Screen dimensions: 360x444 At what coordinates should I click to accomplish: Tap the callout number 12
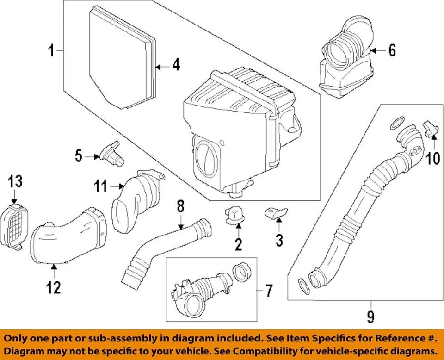[x=53, y=288]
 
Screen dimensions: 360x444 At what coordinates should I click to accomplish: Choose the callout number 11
[x=100, y=187]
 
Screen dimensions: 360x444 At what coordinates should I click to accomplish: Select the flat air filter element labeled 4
[x=123, y=58]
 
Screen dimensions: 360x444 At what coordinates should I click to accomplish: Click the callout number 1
[x=52, y=50]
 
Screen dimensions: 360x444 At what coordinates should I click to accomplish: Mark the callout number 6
[x=392, y=50]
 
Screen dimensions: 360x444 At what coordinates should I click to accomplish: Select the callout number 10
[x=433, y=159]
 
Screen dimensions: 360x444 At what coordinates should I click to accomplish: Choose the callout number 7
[x=269, y=291]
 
